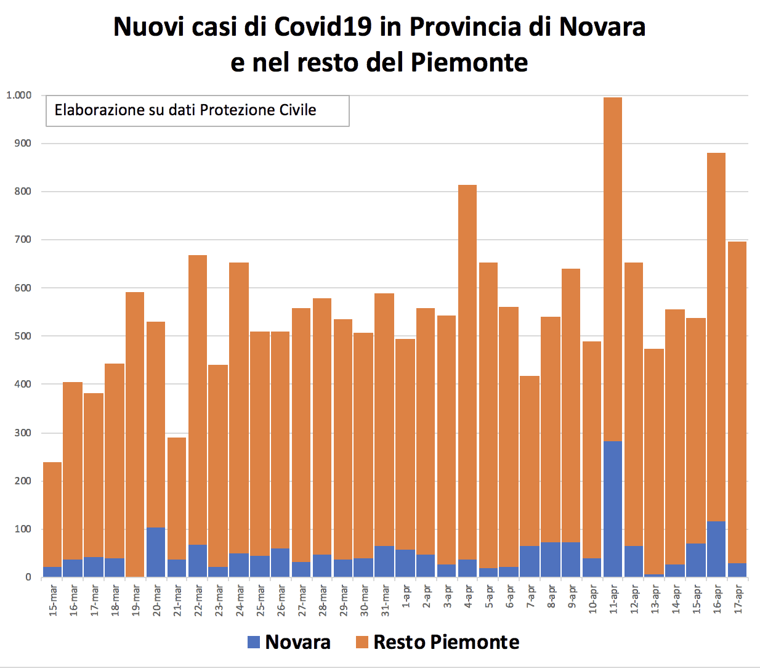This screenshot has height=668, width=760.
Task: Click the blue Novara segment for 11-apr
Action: [x=613, y=509]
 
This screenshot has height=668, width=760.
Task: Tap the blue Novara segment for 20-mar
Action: [x=155, y=552]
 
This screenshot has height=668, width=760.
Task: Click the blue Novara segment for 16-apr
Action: [x=717, y=549]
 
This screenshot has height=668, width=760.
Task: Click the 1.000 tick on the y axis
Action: [x=18, y=96]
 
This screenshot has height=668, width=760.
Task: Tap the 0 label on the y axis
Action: [x=28, y=578]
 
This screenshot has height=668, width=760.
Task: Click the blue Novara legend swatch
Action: [x=254, y=642]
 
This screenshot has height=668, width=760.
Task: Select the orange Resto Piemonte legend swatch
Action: [x=362, y=642]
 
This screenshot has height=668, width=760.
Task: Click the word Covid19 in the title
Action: [x=323, y=26]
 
